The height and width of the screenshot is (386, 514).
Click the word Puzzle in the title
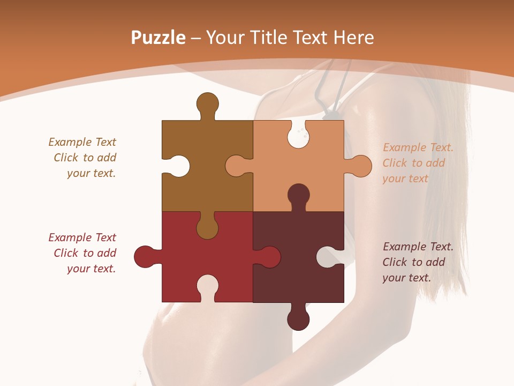(158, 38)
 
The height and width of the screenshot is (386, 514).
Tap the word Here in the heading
(353, 38)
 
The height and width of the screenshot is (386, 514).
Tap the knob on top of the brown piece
(207, 104)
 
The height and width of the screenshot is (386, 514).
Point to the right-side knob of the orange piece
(360, 166)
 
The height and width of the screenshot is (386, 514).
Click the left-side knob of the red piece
(145, 257)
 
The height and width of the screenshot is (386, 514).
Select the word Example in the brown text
(70, 142)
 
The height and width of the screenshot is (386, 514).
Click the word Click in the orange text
(395, 163)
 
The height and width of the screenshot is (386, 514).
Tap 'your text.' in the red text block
(91, 269)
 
